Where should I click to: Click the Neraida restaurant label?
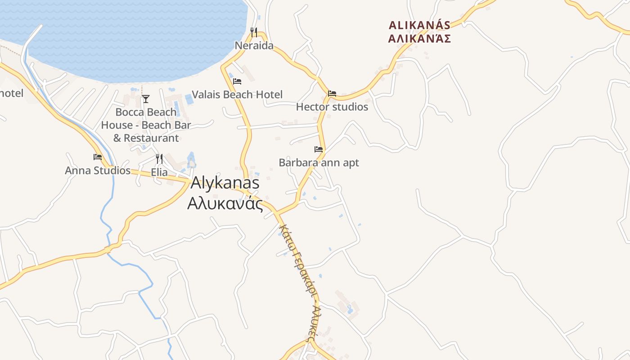254,45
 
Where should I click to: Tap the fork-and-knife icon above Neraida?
254,32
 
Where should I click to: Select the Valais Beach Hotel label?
237,94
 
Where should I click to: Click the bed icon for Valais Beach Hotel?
237,81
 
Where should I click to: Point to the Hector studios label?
332,107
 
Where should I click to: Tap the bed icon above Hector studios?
332,94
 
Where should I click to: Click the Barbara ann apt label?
319,162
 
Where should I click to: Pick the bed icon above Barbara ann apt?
319,149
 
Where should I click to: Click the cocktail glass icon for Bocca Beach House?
146,99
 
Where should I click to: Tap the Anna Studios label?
98,171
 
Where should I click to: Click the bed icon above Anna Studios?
98,157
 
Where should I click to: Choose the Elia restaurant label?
159,172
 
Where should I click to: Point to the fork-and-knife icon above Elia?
159,158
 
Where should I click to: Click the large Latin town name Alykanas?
225,183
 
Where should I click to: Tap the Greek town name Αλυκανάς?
225,203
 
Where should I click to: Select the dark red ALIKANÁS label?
419,25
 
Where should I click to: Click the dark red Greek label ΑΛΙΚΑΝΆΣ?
419,38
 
